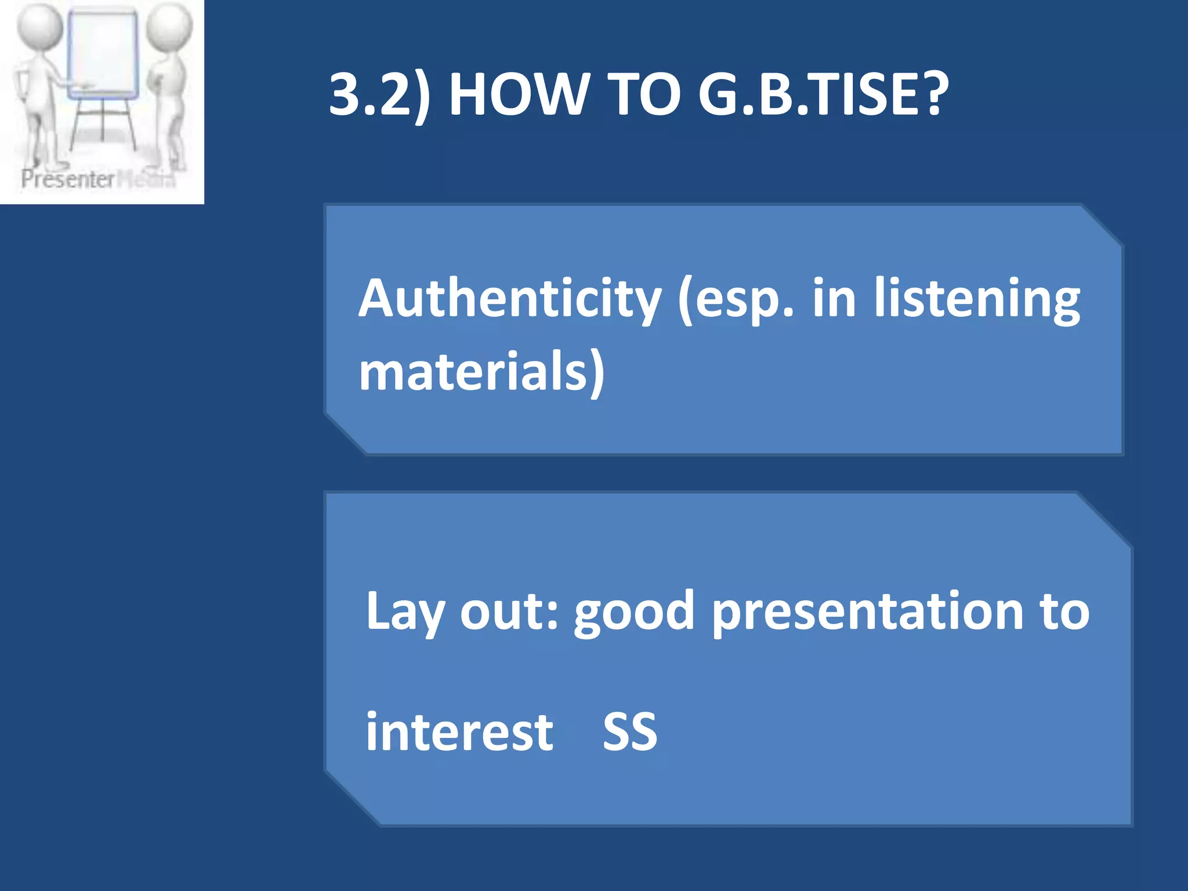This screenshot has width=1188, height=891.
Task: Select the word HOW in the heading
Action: (x=517, y=94)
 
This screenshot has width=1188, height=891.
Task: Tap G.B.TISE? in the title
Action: (x=823, y=94)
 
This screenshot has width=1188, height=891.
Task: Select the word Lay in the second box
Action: (x=405, y=612)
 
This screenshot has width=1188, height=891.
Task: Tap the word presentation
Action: (x=867, y=612)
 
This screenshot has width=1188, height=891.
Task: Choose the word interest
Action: (x=459, y=731)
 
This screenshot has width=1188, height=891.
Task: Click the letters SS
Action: (x=630, y=732)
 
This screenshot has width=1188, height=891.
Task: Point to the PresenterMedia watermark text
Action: (x=97, y=179)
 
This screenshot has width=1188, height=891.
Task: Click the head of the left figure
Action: (x=39, y=27)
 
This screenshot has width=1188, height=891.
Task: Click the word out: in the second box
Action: (x=509, y=612)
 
